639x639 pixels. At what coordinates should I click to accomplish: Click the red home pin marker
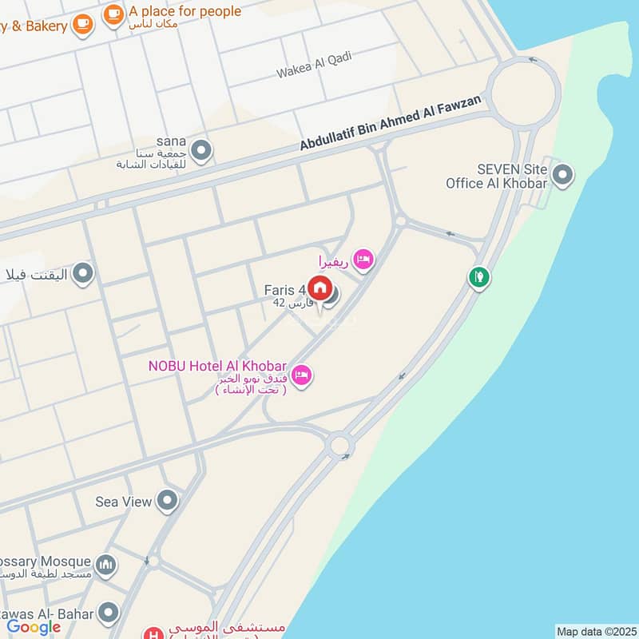coord(320,288)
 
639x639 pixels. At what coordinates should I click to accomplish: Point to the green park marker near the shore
coord(478,278)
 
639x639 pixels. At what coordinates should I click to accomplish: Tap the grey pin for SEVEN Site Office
coord(562,174)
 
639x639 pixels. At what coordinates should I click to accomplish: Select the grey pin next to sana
coord(202,149)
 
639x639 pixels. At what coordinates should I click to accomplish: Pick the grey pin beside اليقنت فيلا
coord(82,276)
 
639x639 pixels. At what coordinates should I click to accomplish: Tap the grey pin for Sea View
coord(167,501)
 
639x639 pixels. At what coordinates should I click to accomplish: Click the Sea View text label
coord(123,502)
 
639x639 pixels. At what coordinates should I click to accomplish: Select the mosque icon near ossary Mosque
coord(106,566)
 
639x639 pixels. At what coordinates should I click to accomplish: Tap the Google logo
coord(34,627)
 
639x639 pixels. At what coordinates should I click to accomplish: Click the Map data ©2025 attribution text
coord(595,631)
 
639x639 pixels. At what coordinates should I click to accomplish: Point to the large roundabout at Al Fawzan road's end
coord(522,93)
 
